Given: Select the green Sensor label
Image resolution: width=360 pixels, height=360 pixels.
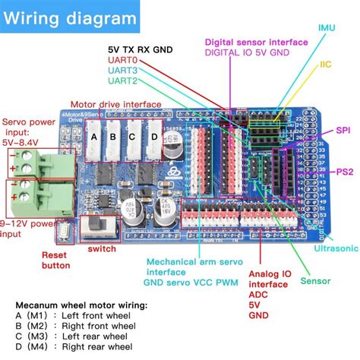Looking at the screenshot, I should click(x=314, y=281).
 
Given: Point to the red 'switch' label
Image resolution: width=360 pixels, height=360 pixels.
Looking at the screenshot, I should click(x=102, y=248).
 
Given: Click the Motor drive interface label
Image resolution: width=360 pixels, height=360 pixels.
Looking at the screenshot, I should click(x=115, y=104).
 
